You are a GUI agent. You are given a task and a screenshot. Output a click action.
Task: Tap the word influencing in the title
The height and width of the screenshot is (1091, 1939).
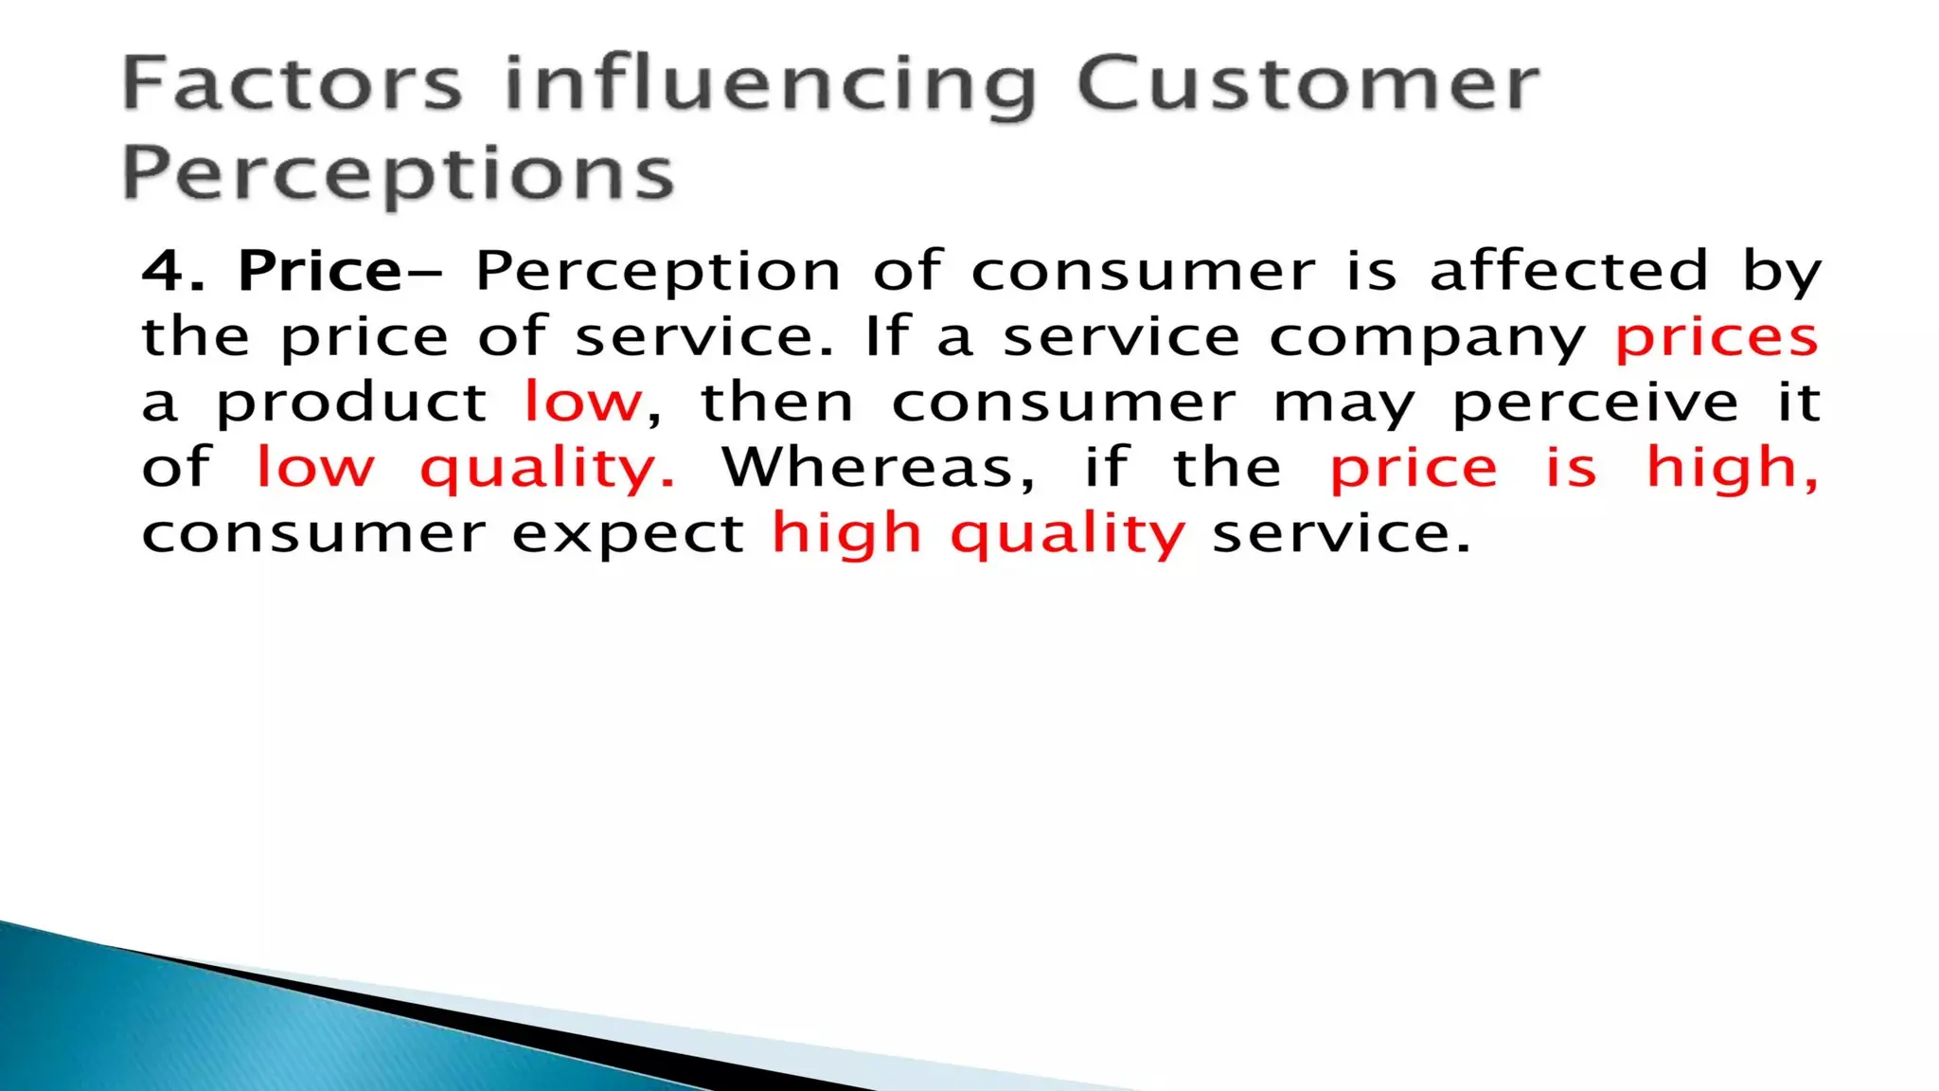(771, 87)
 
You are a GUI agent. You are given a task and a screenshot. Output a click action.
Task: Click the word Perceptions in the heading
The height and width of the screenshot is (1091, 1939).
(398, 176)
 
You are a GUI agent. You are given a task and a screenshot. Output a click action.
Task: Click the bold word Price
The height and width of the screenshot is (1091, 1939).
(320, 273)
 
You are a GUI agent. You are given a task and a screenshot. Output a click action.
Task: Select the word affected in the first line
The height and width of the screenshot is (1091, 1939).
(1569, 271)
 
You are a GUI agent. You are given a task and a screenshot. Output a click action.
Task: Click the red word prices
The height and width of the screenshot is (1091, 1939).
(1717, 338)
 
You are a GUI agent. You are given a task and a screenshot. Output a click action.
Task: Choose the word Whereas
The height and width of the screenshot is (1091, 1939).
(878, 468)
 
